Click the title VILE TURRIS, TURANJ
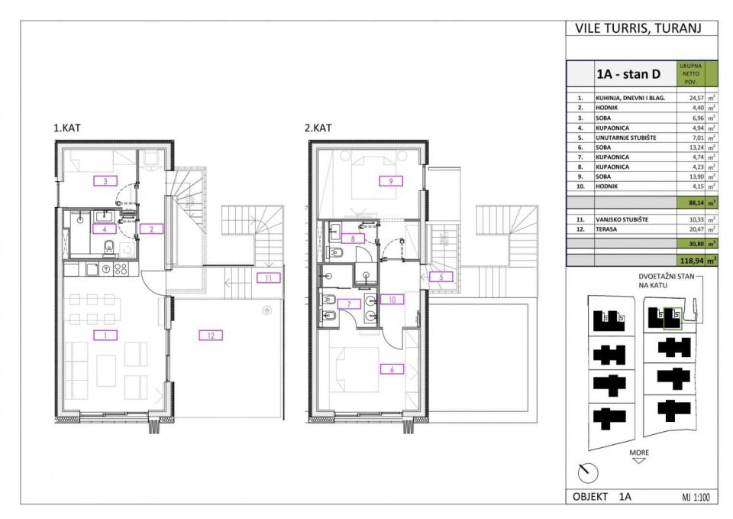pos(638,28)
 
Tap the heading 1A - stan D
pos(628,74)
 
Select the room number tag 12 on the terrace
pos(211,335)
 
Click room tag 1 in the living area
pos(105,335)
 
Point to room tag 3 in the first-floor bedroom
pos(105,180)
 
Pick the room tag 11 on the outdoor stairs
pos(268,278)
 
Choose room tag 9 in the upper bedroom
pos(391,181)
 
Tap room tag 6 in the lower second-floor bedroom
pos(392,369)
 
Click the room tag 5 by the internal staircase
pos(441,277)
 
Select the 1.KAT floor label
pos(67,128)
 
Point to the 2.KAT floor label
pos(318,128)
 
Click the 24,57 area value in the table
pos(696,99)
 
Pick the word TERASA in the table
pos(606,229)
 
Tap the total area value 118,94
pos(693,261)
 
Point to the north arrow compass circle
pos(588,472)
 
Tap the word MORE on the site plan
pos(638,453)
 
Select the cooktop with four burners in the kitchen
pos(121,268)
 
